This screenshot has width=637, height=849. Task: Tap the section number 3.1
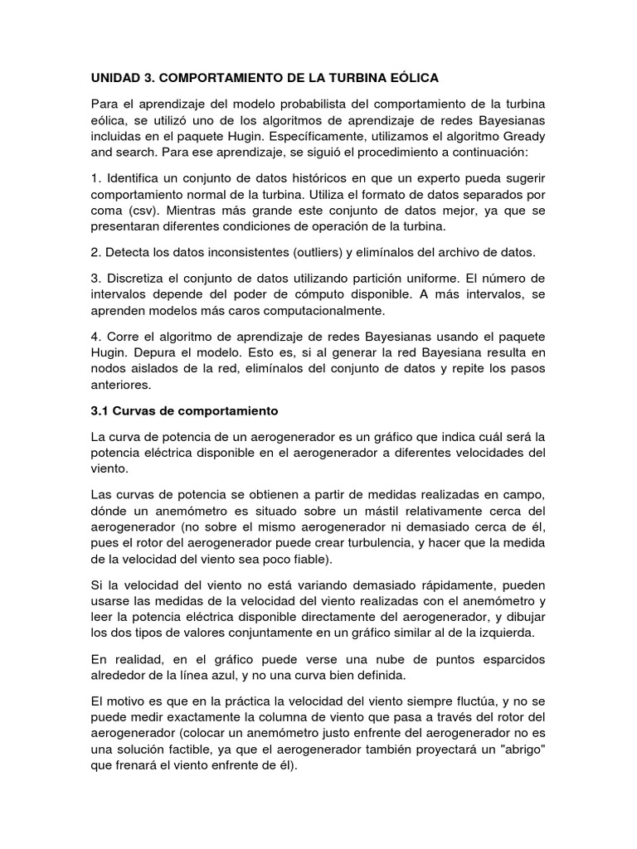[x=100, y=410]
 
